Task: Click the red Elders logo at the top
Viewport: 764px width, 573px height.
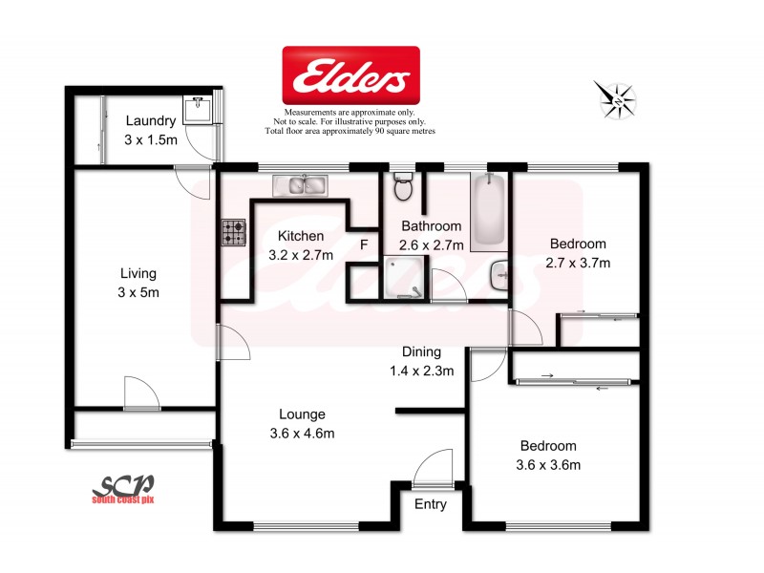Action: [350, 75]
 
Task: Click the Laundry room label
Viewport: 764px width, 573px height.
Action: [150, 121]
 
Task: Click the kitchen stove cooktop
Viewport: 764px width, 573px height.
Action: [234, 231]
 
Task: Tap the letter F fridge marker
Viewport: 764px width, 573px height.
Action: [364, 244]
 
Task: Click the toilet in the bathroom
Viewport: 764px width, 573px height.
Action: [402, 186]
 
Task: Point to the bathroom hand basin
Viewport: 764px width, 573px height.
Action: [499, 278]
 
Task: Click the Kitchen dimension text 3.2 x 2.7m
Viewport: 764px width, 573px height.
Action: [300, 255]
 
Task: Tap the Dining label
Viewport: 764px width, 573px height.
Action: [421, 351]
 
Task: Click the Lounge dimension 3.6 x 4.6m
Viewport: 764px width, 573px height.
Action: [302, 434]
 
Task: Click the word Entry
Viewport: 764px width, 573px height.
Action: [429, 505]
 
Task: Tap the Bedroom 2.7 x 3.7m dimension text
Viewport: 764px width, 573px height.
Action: [577, 263]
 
